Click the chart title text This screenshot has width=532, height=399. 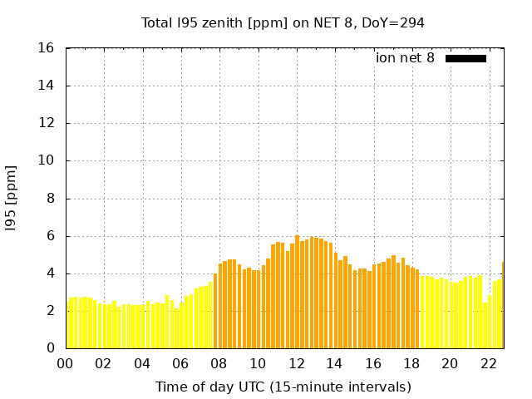tap(283, 23)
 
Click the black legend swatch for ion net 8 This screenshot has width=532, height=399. tap(465, 58)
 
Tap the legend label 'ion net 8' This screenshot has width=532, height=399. tap(405, 58)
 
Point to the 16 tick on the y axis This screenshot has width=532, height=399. tap(47, 48)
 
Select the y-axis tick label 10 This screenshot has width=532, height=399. tap(47, 161)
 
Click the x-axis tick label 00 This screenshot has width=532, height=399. tap(65, 363)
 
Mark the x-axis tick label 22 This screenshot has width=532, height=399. tap(489, 363)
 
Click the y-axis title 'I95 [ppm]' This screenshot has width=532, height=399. tap(12, 198)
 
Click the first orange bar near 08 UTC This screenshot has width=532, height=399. tap(215, 312)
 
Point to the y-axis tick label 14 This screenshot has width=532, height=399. tap(47, 86)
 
